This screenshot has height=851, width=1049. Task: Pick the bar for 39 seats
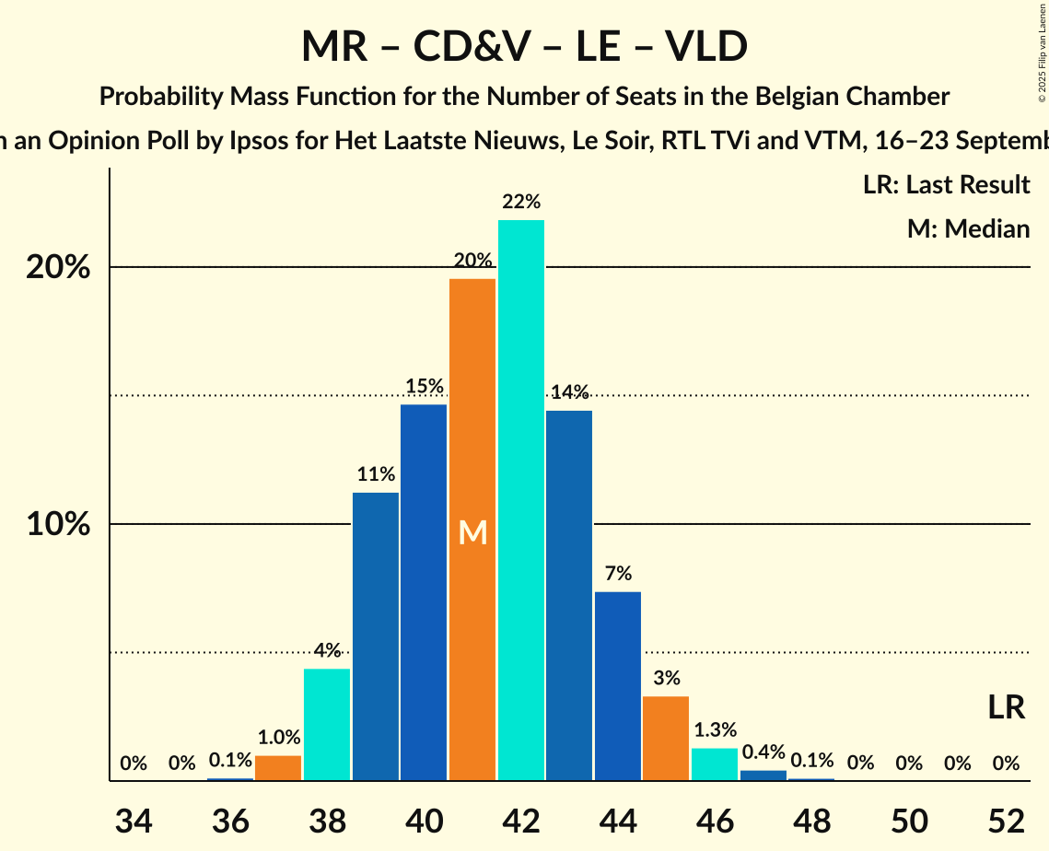pos(376,636)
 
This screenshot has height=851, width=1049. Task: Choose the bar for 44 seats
pos(618,686)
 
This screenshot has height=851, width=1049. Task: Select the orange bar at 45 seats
pos(666,739)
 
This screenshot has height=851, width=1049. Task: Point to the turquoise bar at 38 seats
pos(327,725)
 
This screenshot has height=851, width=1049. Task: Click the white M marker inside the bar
pos(472,532)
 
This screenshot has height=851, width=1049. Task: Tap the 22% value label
pos(520,202)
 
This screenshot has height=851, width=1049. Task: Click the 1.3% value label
pos(715,730)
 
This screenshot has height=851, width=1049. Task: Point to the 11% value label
pos(376,475)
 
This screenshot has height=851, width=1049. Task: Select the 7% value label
pos(618,574)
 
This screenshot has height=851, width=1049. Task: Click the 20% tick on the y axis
pos(57,268)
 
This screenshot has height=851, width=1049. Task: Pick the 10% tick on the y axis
pos(57,525)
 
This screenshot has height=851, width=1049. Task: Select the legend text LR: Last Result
pos(946,185)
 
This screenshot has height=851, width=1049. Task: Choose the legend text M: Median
pos(968,229)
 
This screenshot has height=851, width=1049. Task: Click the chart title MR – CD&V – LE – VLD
pos(524,47)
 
